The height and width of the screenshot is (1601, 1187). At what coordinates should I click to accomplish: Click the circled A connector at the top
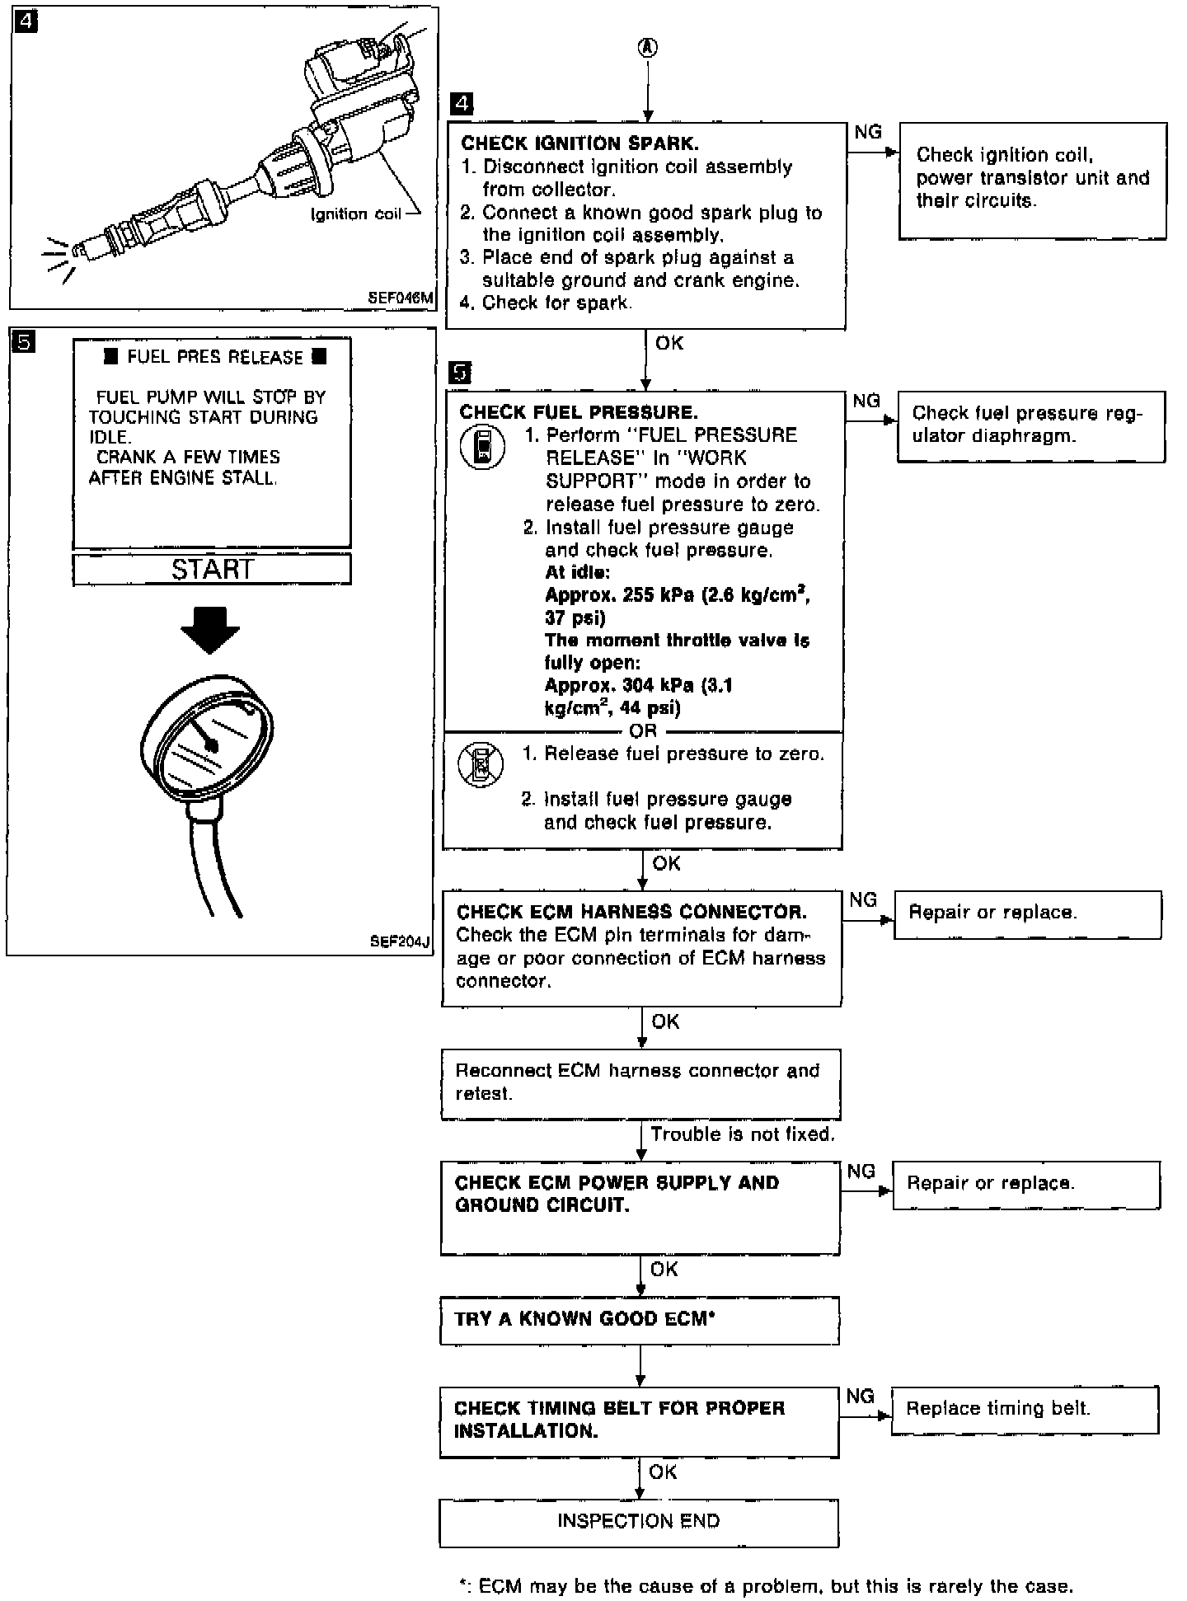(648, 49)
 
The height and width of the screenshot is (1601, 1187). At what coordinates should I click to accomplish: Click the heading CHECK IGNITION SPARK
(579, 143)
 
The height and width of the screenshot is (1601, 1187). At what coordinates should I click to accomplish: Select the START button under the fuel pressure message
(212, 569)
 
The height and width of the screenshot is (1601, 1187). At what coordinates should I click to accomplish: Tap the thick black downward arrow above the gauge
(210, 629)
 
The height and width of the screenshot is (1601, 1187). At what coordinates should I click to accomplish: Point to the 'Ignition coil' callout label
(355, 214)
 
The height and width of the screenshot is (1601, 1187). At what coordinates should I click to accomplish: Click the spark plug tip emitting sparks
(77, 251)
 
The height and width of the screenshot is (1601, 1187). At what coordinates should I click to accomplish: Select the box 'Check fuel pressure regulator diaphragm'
(1030, 425)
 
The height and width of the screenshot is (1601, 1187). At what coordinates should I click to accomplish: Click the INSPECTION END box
(639, 1522)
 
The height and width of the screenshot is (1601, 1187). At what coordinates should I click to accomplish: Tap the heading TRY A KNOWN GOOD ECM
(584, 1318)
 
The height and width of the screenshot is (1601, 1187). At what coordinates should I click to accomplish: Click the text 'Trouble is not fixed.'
(742, 1134)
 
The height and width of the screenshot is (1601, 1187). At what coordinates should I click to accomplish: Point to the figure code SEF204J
(400, 941)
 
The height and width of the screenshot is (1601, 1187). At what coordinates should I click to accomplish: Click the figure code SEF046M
(401, 298)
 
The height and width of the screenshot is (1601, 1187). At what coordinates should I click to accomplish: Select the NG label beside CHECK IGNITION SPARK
(867, 132)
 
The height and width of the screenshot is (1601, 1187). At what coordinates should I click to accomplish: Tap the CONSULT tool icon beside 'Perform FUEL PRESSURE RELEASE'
(482, 448)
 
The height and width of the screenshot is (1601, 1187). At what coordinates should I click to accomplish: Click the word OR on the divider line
(643, 730)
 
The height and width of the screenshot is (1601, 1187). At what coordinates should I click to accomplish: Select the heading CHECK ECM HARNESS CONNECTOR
(631, 912)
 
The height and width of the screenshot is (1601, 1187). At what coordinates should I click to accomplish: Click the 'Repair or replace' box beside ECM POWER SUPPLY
(1025, 1185)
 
